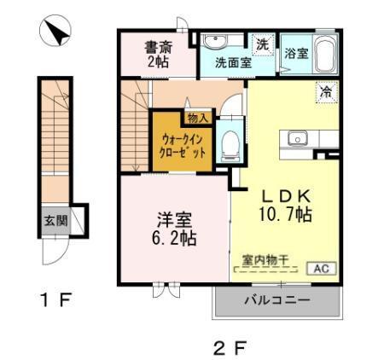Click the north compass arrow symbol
click(55, 33)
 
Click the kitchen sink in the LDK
click(298, 137)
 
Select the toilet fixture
click(228, 144)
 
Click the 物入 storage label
click(196, 117)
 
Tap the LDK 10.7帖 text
click(285, 206)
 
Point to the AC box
click(323, 268)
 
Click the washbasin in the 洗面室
click(213, 42)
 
